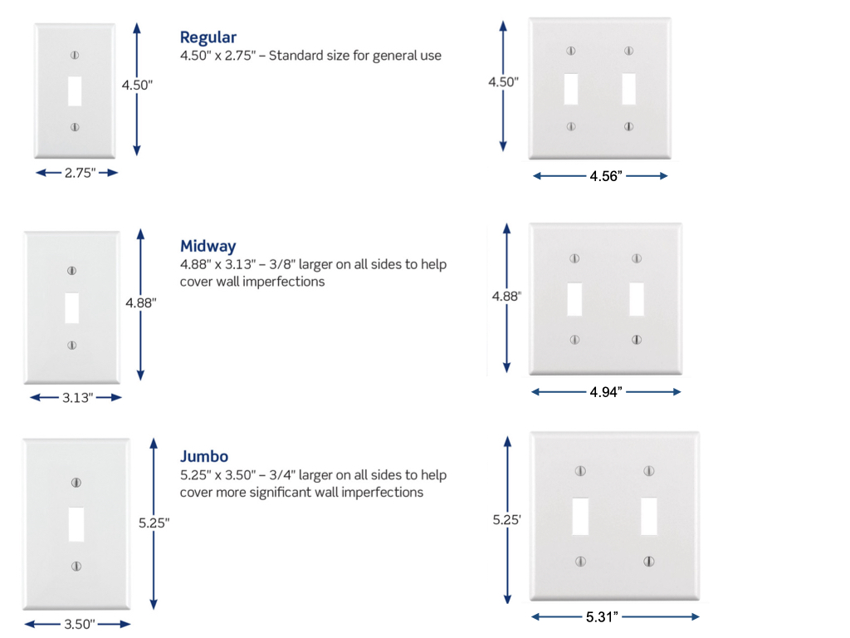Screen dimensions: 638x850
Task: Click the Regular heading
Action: click(208, 37)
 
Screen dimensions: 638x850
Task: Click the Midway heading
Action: click(208, 246)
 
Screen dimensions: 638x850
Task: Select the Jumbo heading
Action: click(204, 456)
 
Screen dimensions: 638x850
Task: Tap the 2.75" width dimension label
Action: click(80, 173)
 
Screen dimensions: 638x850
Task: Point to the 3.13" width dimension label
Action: click(76, 398)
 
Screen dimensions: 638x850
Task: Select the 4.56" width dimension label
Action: click(605, 176)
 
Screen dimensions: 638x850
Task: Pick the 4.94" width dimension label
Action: click(606, 392)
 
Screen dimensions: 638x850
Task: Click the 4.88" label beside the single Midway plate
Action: click(140, 303)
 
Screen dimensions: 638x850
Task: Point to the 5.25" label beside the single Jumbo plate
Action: click(154, 523)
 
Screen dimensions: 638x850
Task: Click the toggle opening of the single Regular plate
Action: click(75, 91)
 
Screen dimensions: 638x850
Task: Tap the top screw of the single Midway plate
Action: click(71, 271)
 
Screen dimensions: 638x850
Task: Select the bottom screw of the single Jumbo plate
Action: click(76, 566)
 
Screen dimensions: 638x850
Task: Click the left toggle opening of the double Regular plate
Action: click(571, 89)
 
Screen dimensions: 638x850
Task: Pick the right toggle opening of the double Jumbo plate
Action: click(649, 516)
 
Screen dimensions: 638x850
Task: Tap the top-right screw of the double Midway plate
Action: click(637, 258)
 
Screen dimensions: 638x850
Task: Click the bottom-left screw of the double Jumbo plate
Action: click(580, 562)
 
